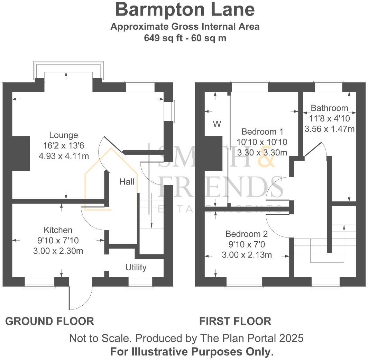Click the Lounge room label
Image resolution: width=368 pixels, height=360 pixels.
click(64, 135)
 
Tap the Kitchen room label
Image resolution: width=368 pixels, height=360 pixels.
click(58, 230)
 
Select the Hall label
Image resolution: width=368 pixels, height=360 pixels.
click(127, 181)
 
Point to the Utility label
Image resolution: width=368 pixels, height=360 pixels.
click(136, 267)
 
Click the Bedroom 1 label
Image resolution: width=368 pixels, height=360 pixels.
click(262, 132)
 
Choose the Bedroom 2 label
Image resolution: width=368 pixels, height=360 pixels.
click(247, 234)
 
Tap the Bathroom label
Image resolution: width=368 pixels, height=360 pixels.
click(329, 108)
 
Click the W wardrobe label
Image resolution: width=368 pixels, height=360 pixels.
click(217, 124)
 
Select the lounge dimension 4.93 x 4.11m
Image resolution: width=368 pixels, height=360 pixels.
click(64, 156)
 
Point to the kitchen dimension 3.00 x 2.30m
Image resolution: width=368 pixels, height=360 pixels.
click(58, 251)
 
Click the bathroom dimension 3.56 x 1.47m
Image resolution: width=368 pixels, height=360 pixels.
click(329, 129)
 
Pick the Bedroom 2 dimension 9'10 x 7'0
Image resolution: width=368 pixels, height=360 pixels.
click(247, 245)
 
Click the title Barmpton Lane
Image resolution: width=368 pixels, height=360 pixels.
click(185, 10)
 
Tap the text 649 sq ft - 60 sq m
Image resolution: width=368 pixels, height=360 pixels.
click(185, 38)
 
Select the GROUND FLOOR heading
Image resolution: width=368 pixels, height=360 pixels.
click(49, 321)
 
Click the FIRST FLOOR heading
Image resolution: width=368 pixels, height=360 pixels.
click(235, 321)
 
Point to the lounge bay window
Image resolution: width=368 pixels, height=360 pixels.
click(68, 71)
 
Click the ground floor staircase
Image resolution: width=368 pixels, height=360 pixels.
click(151, 211)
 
